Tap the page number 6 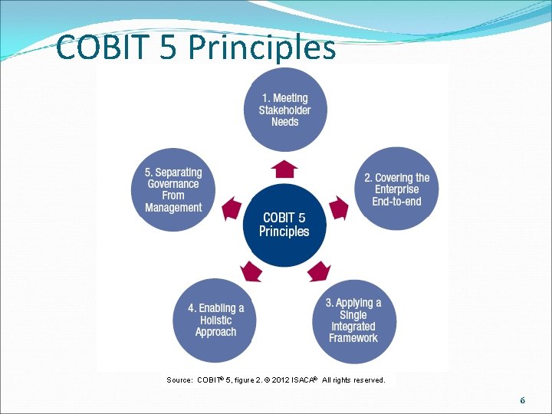(x=522, y=400)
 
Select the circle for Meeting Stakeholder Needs (x=284, y=110)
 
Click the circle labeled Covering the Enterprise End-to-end (x=396, y=189)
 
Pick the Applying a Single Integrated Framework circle (x=353, y=320)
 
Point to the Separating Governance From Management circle (x=173, y=190)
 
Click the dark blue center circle (x=284, y=225)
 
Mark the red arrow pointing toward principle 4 (x=251, y=270)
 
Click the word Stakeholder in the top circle (x=284, y=110)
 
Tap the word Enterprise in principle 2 (x=396, y=189)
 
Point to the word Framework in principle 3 (x=353, y=338)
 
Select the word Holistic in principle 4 (x=215, y=320)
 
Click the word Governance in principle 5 (x=173, y=184)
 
